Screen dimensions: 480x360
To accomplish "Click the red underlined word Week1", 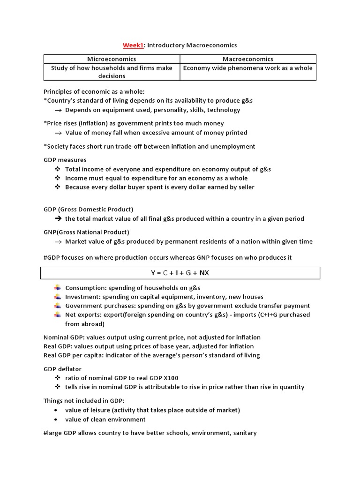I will (x=133, y=45).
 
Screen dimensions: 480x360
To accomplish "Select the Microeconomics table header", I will (x=112, y=59).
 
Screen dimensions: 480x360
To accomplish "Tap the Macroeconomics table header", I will (x=248, y=59).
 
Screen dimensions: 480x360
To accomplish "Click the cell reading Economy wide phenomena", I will (x=248, y=68).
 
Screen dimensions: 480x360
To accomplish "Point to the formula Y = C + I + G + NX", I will (x=180, y=273).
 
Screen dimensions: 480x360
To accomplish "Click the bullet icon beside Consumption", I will (x=57, y=288).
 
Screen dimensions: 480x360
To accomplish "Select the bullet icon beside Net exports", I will (x=57, y=315).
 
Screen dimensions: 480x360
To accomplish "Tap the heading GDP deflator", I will (x=62, y=369).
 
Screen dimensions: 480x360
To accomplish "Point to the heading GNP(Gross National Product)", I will (x=86, y=232).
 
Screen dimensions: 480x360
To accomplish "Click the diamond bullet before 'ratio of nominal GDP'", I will (x=57, y=378).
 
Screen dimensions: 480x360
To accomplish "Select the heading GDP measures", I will (x=65, y=160).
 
